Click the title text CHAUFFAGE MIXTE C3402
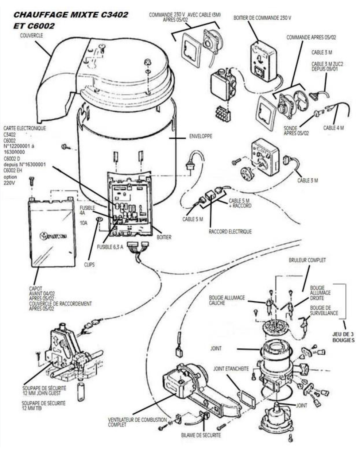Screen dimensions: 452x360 (x=70, y=15)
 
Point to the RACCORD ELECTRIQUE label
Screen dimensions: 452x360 (x=230, y=231)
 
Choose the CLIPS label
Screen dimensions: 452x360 (x=89, y=264)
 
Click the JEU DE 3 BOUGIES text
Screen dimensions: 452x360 (x=343, y=336)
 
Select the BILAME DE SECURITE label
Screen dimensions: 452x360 (x=201, y=435)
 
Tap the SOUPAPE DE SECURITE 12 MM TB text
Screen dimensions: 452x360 (x=43, y=405)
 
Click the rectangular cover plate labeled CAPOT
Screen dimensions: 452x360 (x=51, y=233)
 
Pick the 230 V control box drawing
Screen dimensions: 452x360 (x=264, y=62)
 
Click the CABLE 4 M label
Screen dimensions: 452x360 (x=333, y=128)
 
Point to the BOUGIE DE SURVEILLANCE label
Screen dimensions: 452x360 (x=324, y=310)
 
